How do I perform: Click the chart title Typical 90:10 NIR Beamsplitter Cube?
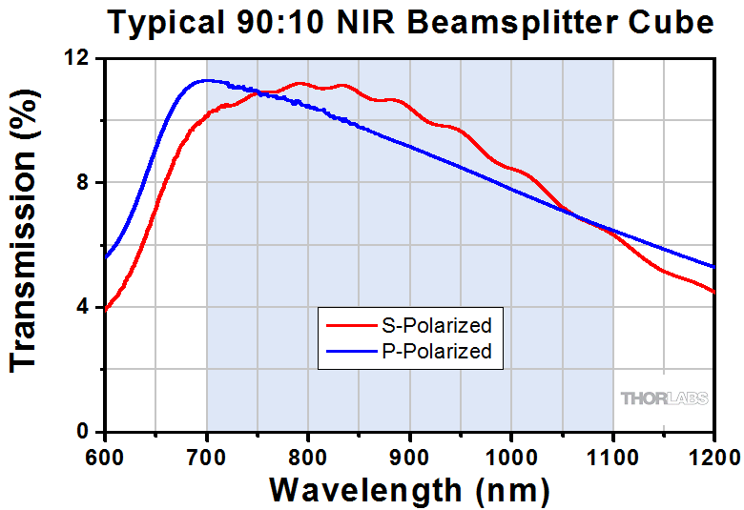coord(410,23)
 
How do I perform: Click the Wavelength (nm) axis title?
coord(409,488)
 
